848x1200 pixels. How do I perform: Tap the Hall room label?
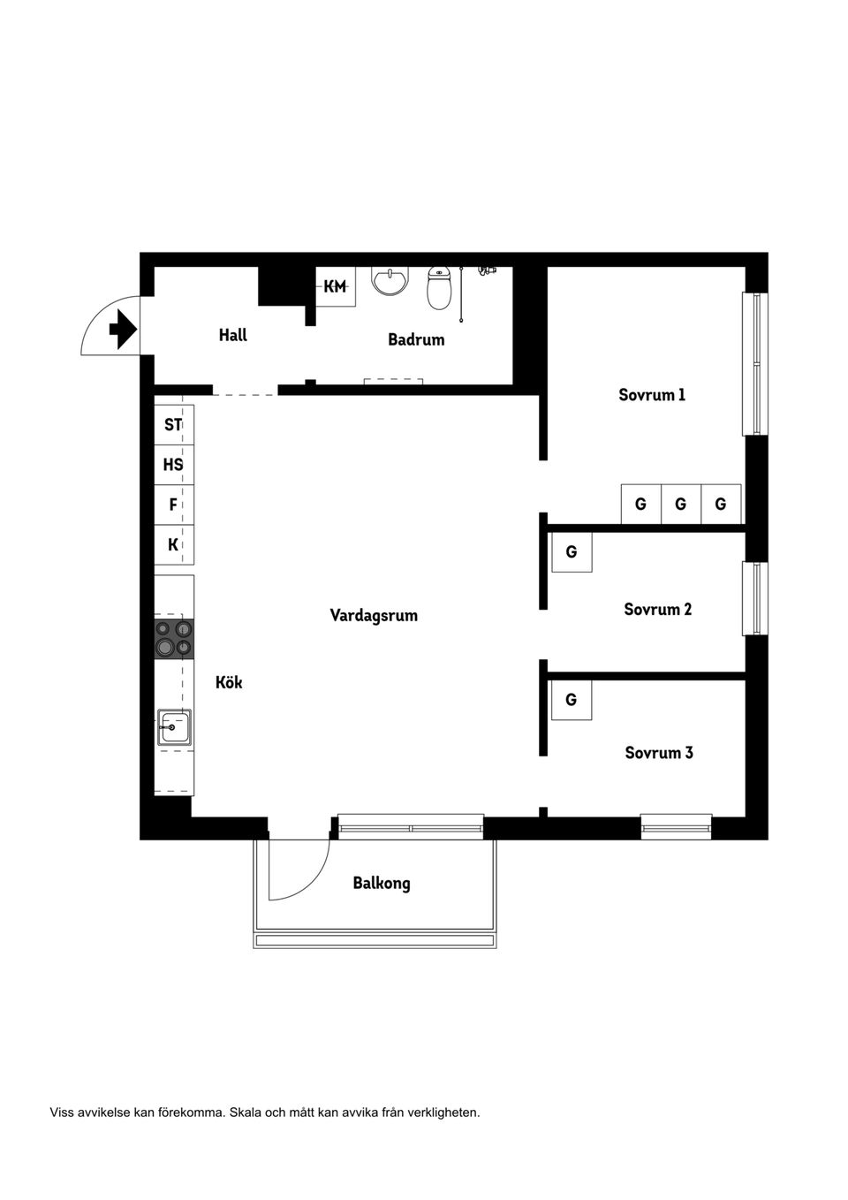(233, 335)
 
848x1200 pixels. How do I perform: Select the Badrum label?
(416, 339)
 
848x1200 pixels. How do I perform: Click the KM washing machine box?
(336, 286)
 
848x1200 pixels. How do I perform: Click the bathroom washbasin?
(390, 280)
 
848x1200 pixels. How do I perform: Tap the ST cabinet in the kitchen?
(173, 425)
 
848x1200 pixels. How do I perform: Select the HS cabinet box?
(173, 465)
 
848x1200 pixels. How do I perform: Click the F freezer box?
(173, 505)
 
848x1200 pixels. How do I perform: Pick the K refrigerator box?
(173, 545)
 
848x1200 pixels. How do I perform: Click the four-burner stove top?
(174, 639)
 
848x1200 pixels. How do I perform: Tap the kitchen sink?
(174, 727)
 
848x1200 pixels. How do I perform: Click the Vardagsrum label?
(374, 615)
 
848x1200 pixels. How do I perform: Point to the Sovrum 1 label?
(652, 395)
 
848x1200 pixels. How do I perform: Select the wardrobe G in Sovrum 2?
(572, 552)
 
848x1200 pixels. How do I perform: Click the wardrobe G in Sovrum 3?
(572, 700)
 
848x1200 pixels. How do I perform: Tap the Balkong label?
(382, 883)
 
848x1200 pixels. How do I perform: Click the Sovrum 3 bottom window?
(676, 827)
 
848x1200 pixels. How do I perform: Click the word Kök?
(229, 682)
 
